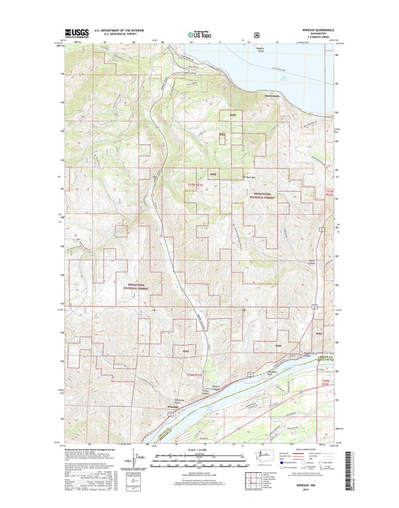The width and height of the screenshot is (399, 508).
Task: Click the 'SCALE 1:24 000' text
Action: [x=198, y=451]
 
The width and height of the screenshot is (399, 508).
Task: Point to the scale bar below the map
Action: [x=198, y=459]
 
